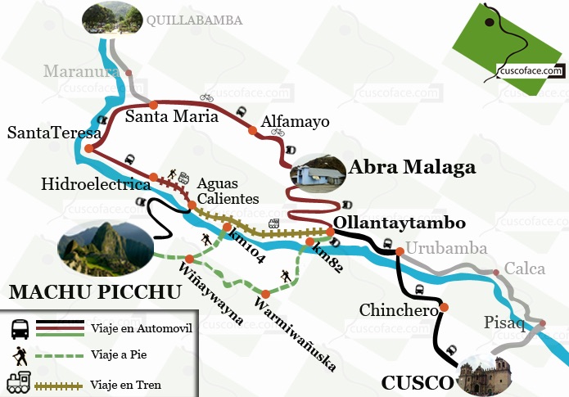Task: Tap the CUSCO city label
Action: point(417,382)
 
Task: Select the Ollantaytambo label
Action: point(400,223)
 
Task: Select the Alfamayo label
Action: point(295,122)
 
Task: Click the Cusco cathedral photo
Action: point(490,376)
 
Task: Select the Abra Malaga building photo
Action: point(316,173)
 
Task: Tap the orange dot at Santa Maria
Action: point(153,104)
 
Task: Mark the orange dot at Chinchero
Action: point(444,308)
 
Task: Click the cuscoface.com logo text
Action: point(531,71)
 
